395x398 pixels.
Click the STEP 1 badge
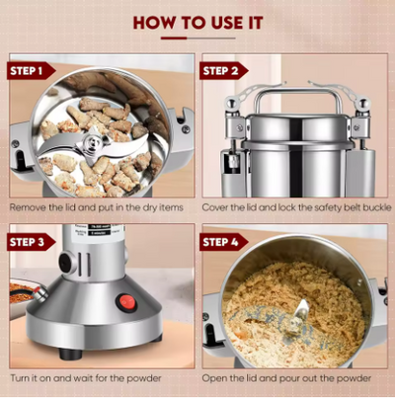coord(31,71)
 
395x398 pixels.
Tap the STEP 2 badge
coord(223,71)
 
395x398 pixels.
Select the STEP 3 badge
coord(31,242)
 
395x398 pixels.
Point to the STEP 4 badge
coord(223,242)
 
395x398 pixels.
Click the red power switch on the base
coord(127,301)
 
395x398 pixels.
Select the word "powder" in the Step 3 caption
coord(144,378)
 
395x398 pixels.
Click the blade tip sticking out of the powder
coord(302,307)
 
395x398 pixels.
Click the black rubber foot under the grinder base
coord(70,354)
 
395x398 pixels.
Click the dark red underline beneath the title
coord(174,39)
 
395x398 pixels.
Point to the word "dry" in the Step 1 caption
coord(150,208)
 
